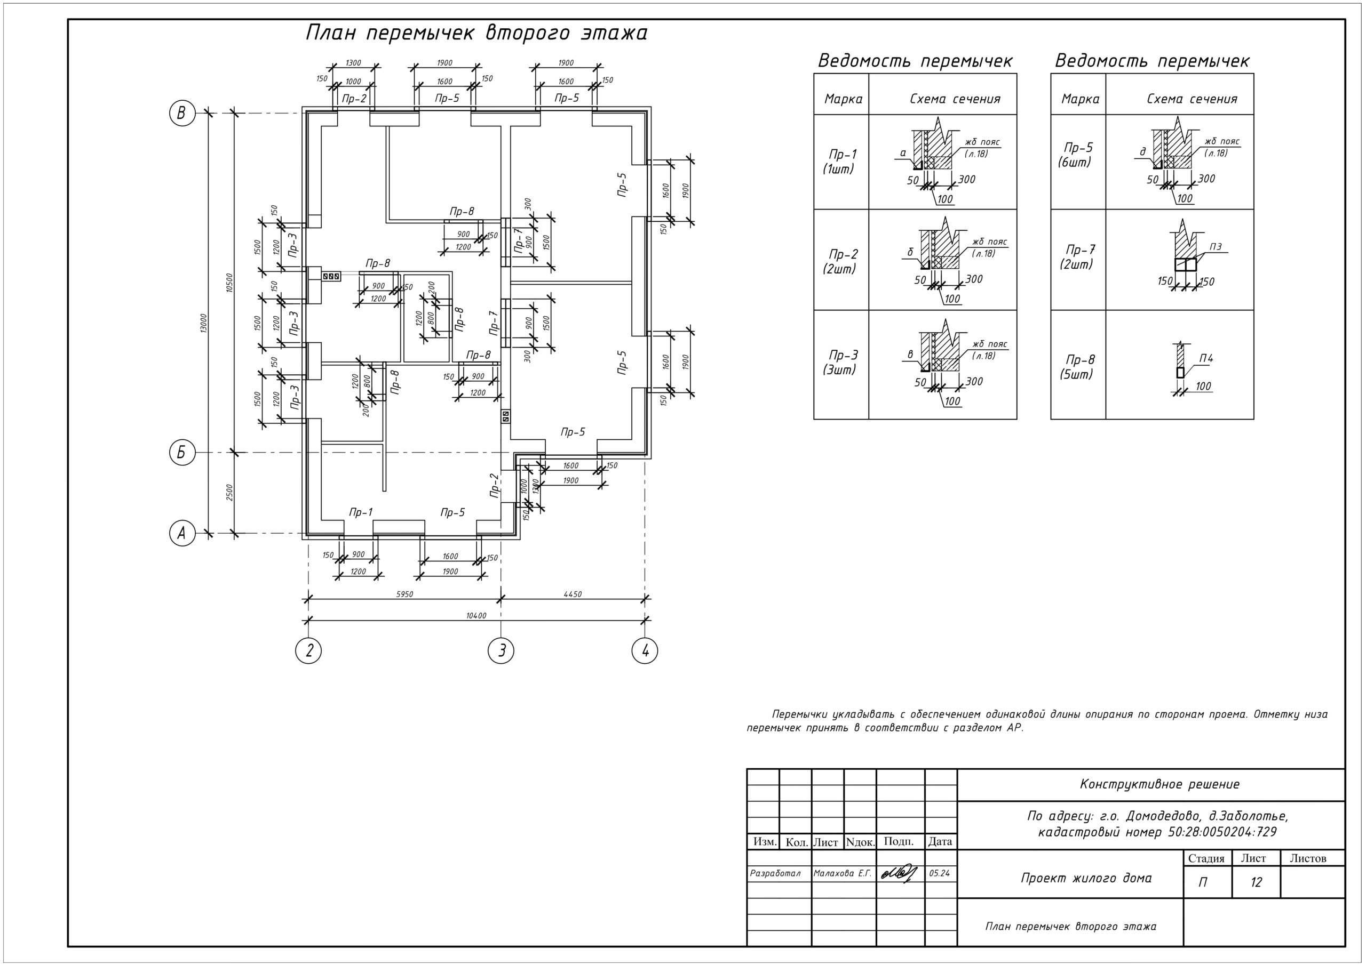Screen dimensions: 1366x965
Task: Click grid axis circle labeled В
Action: pos(182,113)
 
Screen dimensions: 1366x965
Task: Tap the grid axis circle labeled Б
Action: pos(182,453)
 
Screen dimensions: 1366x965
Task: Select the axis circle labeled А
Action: pos(182,533)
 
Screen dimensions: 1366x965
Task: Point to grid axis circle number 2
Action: pos(308,650)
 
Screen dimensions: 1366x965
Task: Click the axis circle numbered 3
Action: pos(501,650)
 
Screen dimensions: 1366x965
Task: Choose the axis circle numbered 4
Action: pos(645,650)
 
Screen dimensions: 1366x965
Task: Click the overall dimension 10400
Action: pos(476,616)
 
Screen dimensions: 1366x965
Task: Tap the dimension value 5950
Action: pos(404,594)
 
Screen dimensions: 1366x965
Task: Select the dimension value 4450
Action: pos(573,594)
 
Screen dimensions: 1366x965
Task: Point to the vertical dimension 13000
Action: pos(203,324)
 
